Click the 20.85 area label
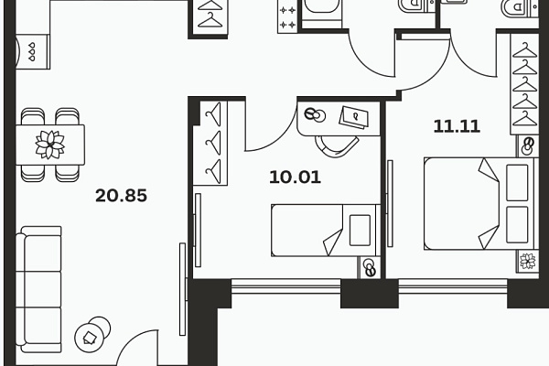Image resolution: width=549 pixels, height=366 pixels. (x=121, y=196)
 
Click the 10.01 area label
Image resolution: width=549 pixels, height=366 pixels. (x=296, y=177)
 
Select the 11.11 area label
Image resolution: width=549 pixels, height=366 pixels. (x=457, y=126)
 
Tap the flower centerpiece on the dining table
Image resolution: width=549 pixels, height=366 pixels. (x=50, y=145)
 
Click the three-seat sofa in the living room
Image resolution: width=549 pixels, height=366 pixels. (x=38, y=289)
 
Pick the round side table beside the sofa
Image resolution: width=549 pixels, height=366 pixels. (x=91, y=335)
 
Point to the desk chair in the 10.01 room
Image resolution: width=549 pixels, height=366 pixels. (x=337, y=146)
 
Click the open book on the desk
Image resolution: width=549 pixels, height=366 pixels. (x=353, y=117)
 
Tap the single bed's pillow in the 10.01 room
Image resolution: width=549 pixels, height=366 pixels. (x=360, y=230)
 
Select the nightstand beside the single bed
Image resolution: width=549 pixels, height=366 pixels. (x=369, y=268)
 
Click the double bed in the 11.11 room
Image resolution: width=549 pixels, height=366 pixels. (x=481, y=203)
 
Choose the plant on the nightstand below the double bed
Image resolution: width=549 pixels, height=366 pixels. (x=528, y=262)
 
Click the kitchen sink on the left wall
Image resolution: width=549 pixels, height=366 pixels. (x=32, y=51)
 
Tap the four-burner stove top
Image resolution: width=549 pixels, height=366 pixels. (x=287, y=16)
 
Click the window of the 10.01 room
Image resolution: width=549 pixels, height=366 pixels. (x=286, y=285)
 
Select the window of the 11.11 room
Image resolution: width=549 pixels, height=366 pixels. (x=453, y=285)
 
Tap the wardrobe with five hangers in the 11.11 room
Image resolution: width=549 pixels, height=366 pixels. (x=524, y=84)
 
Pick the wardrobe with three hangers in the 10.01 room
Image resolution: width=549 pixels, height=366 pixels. (x=213, y=144)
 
